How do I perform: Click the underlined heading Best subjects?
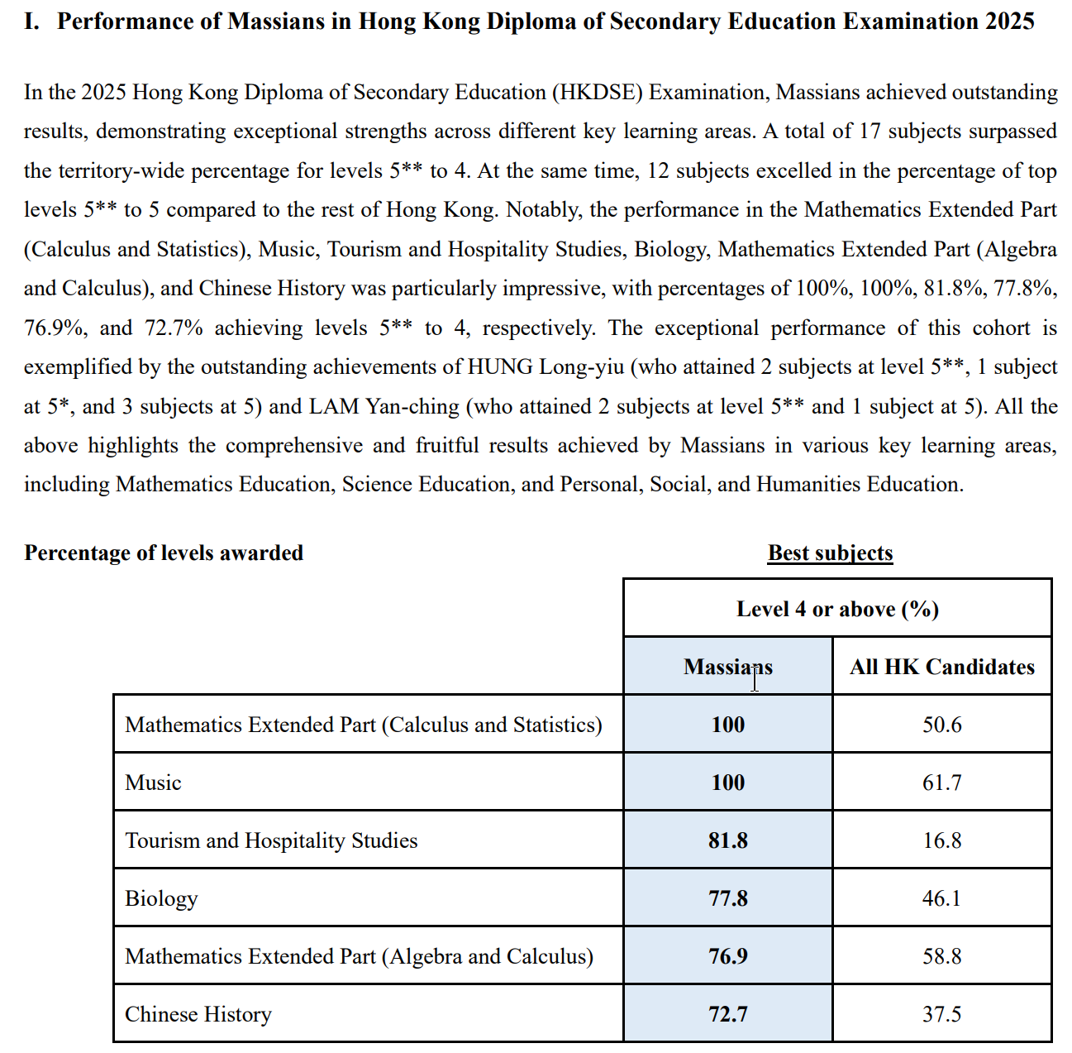pos(830,553)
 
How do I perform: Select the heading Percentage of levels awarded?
pos(164,553)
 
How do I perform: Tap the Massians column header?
pos(727,667)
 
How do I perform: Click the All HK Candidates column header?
pos(941,667)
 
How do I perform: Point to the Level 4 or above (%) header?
pos(837,610)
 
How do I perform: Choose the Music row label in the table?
pos(153,783)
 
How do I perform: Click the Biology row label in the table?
pos(161,898)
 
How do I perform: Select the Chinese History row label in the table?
pos(198,1014)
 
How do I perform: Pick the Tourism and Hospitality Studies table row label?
pos(271,840)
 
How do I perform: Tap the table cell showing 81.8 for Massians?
pos(727,840)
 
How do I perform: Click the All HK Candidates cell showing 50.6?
pos(941,725)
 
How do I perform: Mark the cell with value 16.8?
pos(941,840)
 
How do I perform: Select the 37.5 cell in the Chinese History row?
pos(941,1014)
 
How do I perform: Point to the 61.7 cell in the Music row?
pos(941,783)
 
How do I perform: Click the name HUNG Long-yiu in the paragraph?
pos(546,366)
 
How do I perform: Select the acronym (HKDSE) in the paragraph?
pos(597,92)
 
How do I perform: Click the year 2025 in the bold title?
pos(1009,21)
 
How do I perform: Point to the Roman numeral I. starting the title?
pos(31,21)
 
